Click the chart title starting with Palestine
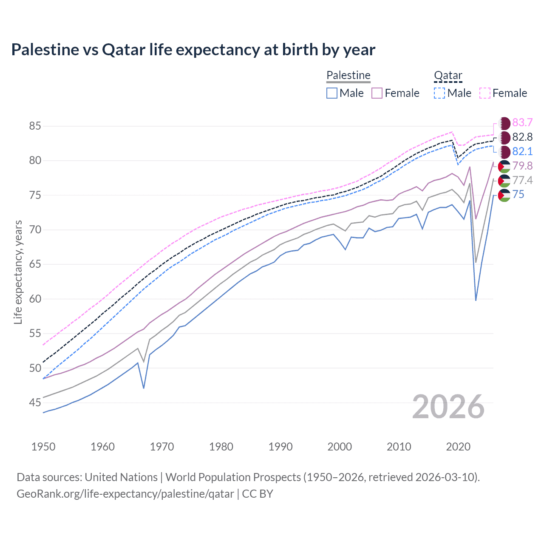(x=193, y=50)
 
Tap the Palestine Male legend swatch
(x=332, y=93)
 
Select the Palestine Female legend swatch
(x=377, y=93)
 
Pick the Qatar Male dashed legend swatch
(x=439, y=93)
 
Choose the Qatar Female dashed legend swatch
(x=484, y=93)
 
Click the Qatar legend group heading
(x=448, y=75)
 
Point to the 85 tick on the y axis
(x=35, y=126)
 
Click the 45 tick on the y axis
(x=35, y=402)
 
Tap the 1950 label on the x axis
(x=43, y=447)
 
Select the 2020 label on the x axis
(x=458, y=447)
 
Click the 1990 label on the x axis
(x=280, y=447)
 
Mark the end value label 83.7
(x=522, y=123)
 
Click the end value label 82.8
(x=522, y=137)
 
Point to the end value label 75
(x=518, y=195)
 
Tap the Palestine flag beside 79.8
(x=504, y=166)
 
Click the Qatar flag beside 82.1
(x=504, y=152)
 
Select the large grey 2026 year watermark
(x=448, y=407)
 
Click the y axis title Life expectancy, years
(x=18, y=272)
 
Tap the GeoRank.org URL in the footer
(x=125, y=494)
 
